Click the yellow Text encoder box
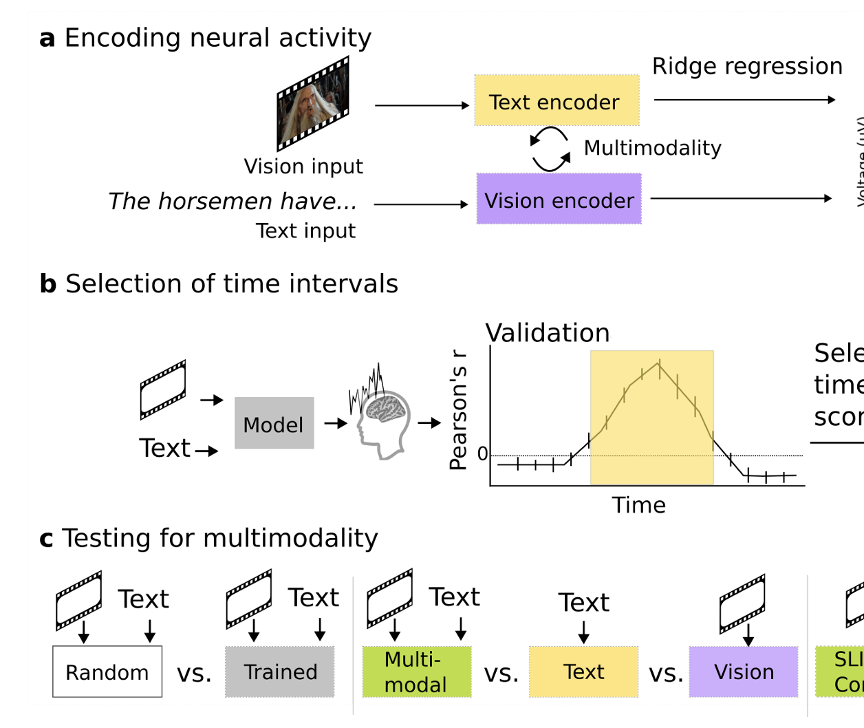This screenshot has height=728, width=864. click(557, 100)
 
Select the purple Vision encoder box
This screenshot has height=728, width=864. click(559, 200)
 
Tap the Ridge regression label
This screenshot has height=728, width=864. click(747, 66)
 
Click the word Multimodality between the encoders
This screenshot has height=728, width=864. click(652, 148)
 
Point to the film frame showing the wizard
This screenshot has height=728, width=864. click(313, 104)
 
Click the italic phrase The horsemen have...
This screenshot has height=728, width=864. click(233, 201)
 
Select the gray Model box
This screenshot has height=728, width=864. click(274, 423)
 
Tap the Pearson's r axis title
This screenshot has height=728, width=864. click(458, 409)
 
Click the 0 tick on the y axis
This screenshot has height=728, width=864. click(482, 454)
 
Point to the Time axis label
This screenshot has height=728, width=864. click(639, 505)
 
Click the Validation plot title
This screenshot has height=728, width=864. click(548, 333)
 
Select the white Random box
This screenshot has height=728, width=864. click(107, 672)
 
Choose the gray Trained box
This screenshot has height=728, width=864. click(280, 672)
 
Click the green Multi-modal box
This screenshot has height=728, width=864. click(416, 672)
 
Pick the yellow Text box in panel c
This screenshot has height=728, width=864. click(583, 672)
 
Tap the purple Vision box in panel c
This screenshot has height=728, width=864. click(744, 672)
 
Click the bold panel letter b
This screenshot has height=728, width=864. click(47, 283)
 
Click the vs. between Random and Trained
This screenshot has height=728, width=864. click(194, 673)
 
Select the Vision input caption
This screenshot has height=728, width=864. click(303, 167)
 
